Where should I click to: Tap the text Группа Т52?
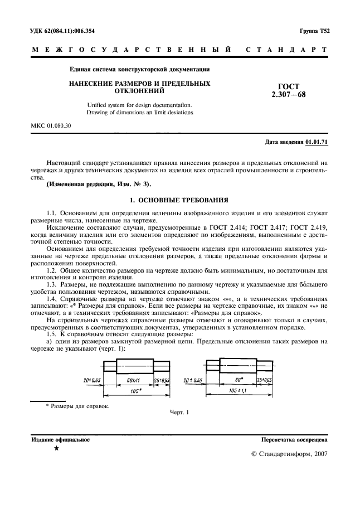click(x=314, y=31)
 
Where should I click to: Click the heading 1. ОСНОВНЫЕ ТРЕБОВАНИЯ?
click(x=179, y=200)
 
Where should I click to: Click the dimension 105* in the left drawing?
click(x=132, y=391)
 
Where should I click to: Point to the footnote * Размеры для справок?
click(x=77, y=405)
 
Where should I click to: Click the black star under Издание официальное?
click(x=57, y=448)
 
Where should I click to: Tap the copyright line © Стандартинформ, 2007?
click(x=290, y=454)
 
